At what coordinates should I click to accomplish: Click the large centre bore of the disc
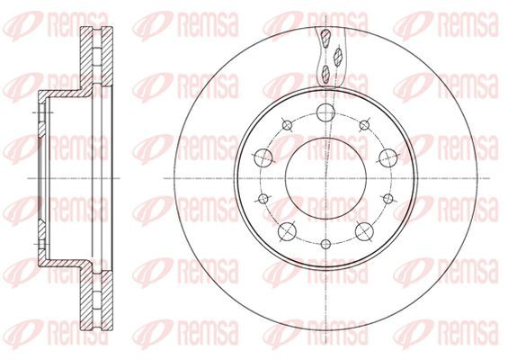325,178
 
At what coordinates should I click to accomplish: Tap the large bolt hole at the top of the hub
325,112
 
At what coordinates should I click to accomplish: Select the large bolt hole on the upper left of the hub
264,157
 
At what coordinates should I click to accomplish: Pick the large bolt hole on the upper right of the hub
388,157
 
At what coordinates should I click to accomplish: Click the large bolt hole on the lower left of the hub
288,231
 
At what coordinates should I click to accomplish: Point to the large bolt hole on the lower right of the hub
364,231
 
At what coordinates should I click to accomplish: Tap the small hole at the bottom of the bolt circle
325,244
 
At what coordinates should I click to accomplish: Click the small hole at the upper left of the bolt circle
287,125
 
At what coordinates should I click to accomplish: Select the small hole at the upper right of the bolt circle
365,125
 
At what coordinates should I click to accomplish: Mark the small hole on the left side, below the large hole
264,198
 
